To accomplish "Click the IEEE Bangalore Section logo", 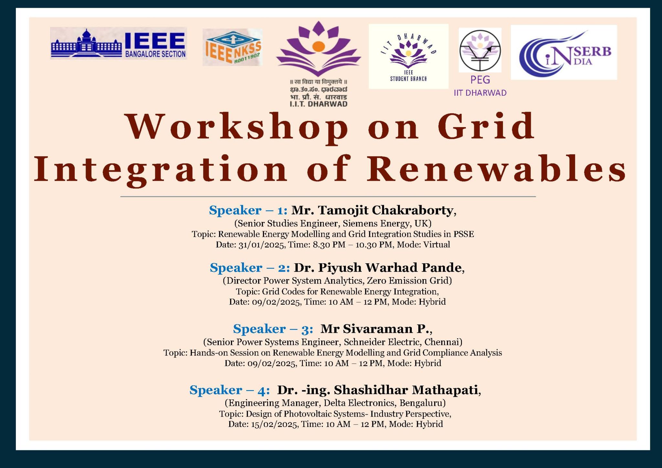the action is [x=119, y=43].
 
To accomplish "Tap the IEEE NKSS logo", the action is [x=232, y=48].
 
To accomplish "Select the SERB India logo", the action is [x=564, y=52].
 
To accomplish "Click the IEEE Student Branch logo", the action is [x=409, y=56].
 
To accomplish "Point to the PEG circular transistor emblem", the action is [x=480, y=50].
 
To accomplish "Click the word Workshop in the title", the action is [x=237, y=127].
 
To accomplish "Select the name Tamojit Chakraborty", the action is [x=386, y=210].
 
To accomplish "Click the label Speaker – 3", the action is [x=273, y=329].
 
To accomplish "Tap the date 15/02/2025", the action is [x=274, y=424].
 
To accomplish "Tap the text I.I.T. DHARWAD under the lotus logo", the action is [x=318, y=104].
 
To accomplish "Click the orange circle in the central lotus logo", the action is [x=318, y=47].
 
